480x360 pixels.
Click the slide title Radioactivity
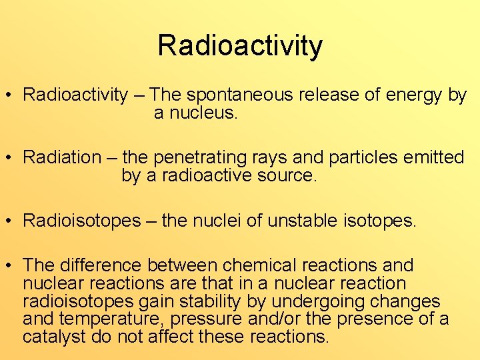coord(240,46)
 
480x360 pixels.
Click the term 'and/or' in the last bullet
coord(273,319)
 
